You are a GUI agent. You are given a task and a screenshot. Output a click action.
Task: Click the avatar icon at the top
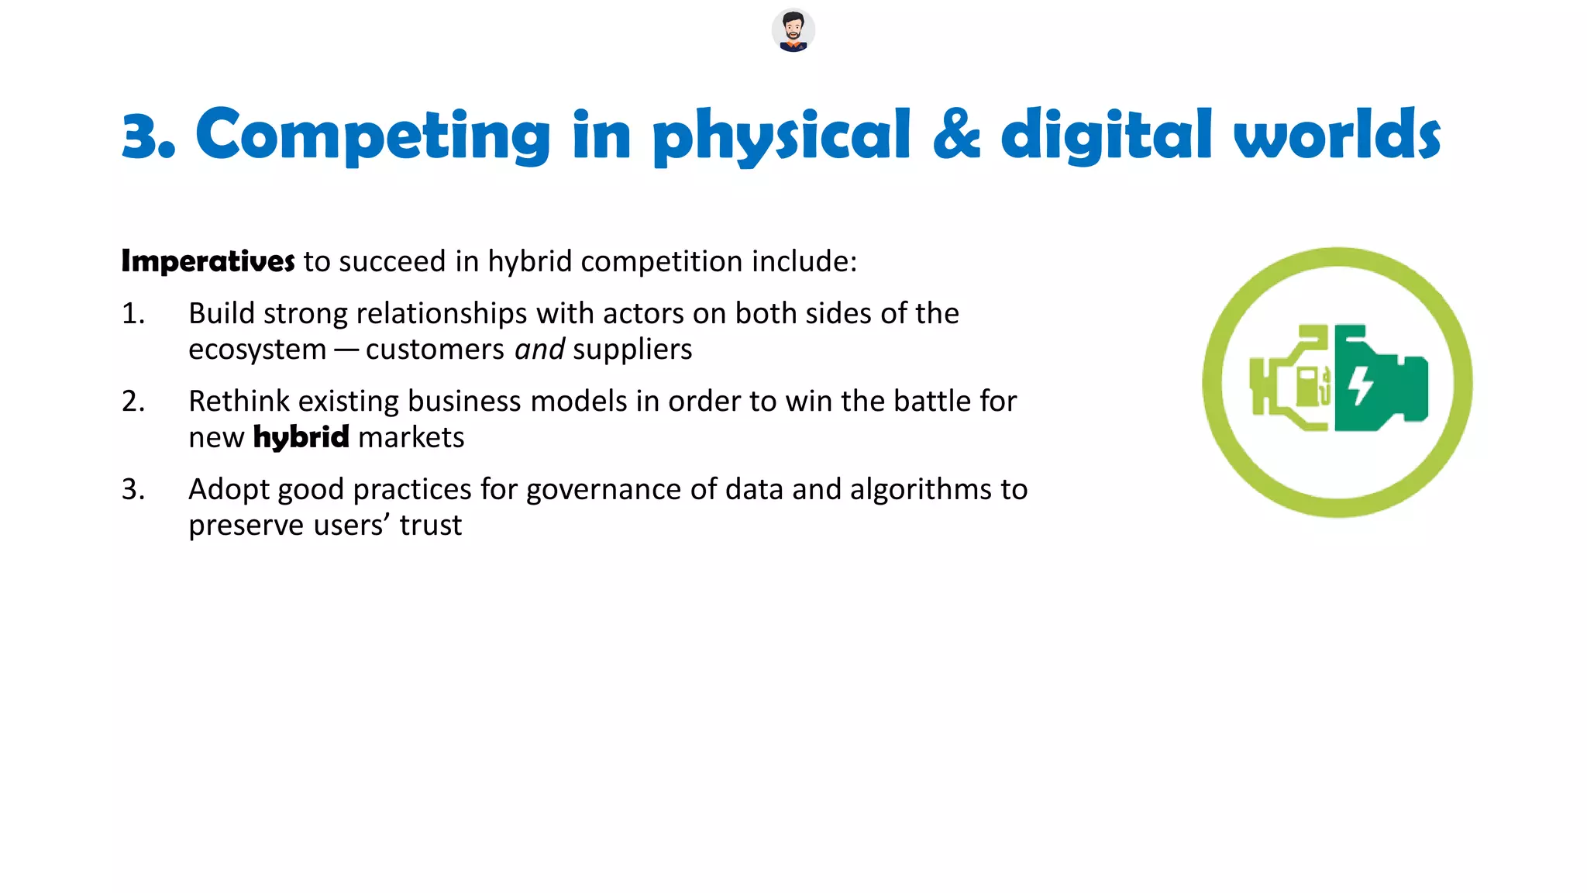click(793, 31)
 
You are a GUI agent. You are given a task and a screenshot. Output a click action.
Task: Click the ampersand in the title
click(956, 135)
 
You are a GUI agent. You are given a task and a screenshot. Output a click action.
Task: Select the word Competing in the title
click(372, 136)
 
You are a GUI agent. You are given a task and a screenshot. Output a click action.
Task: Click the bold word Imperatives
click(208, 262)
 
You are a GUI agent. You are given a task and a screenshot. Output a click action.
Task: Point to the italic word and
click(539, 350)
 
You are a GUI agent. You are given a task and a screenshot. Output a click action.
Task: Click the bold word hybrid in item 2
click(301, 438)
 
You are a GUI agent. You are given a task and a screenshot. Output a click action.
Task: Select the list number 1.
click(133, 314)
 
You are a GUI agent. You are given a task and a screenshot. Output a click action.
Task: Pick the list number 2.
click(133, 402)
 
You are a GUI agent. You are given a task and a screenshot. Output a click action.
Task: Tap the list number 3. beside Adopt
click(133, 490)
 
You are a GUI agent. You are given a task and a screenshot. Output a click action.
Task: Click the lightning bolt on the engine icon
click(1361, 385)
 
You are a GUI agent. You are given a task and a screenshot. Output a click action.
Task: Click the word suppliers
click(632, 350)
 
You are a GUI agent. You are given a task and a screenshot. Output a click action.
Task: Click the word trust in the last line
click(431, 526)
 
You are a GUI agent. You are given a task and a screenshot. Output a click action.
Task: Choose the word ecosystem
click(257, 350)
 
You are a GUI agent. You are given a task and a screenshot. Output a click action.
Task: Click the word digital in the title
click(1106, 136)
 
